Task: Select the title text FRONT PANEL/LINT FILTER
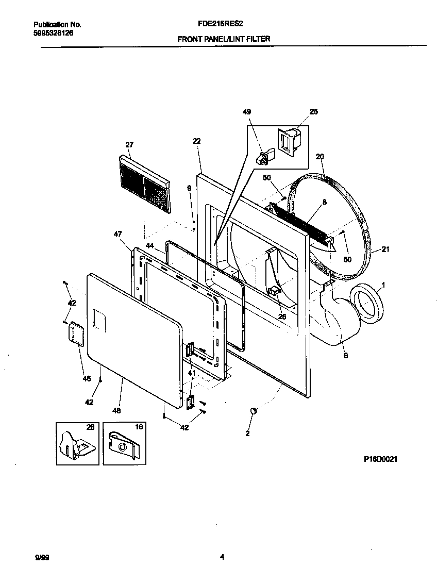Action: (224, 39)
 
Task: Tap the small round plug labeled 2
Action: (253, 410)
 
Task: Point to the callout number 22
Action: (196, 141)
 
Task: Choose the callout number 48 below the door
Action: (116, 411)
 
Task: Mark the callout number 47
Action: (118, 234)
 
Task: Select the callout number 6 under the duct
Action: (345, 355)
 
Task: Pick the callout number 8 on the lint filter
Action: (324, 203)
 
